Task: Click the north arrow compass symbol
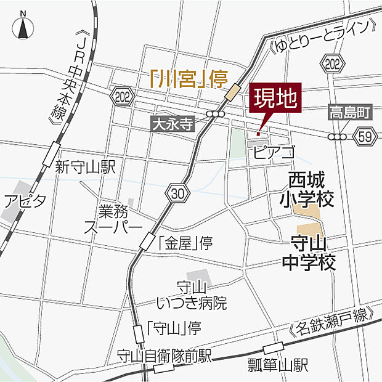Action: click(23, 27)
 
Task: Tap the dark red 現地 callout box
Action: click(274, 99)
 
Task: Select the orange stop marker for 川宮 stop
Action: click(233, 93)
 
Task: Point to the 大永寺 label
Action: click(172, 123)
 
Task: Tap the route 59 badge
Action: click(365, 137)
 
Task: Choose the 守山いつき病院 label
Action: click(192, 295)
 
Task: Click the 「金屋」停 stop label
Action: click(185, 243)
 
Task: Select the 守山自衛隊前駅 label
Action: click(165, 356)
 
